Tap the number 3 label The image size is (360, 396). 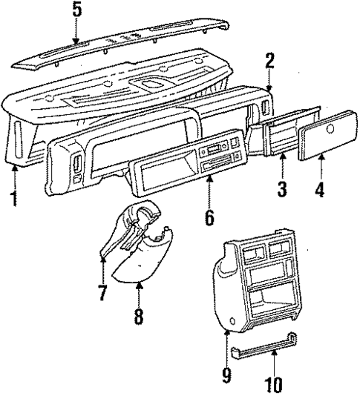282,188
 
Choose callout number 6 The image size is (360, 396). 209,217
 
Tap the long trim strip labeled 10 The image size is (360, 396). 272,351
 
